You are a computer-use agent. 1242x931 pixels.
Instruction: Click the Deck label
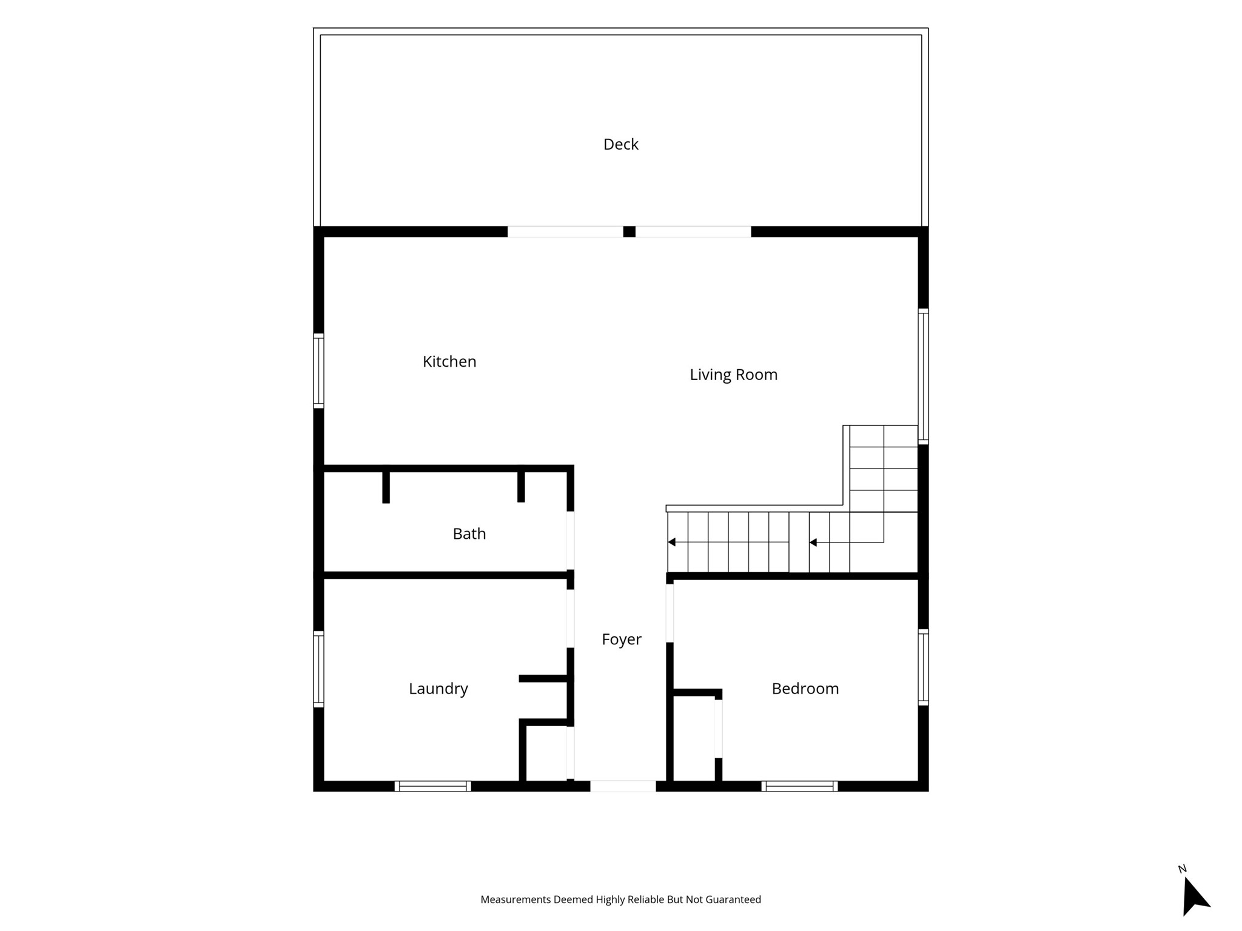[x=620, y=144]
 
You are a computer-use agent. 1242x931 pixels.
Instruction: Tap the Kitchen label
[x=449, y=362]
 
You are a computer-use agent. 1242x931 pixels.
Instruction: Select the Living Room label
[x=733, y=375]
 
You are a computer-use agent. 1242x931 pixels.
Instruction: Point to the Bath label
[x=469, y=534]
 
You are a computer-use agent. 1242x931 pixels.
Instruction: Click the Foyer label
[x=621, y=639]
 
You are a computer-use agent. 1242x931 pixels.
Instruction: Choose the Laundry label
[x=438, y=689]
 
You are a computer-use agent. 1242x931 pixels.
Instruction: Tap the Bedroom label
[x=805, y=689]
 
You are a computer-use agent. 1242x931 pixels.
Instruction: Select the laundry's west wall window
[x=318, y=669]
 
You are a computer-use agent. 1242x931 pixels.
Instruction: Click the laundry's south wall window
[x=432, y=786]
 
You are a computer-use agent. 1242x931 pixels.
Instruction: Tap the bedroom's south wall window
[x=799, y=786]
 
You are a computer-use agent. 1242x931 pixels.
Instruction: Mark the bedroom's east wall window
[x=923, y=667]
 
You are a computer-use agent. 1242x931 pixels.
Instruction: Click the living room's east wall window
[x=923, y=376]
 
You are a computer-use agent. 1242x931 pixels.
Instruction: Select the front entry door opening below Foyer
[x=623, y=786]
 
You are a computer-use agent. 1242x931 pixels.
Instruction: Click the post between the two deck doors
[x=629, y=232]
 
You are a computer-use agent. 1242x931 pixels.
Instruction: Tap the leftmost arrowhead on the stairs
[x=671, y=542]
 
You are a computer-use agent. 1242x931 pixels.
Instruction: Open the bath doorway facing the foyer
[x=570, y=541]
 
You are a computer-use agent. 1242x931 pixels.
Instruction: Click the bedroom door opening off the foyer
[x=670, y=613]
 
